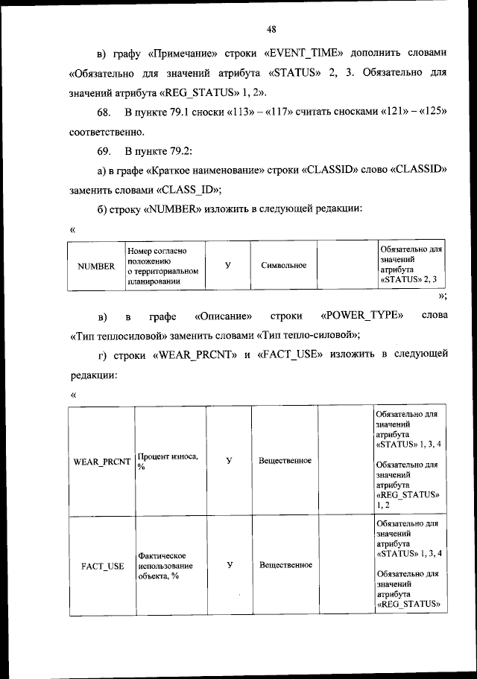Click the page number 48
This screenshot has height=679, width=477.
click(x=271, y=29)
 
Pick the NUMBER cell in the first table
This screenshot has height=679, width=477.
click(x=95, y=266)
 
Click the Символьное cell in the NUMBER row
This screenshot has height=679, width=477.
click(x=284, y=266)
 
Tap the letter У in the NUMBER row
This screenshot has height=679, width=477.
click(x=227, y=265)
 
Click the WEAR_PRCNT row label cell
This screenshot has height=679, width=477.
click(x=101, y=461)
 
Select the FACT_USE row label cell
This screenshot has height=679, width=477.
click(x=101, y=565)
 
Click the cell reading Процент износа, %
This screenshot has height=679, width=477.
click(x=168, y=461)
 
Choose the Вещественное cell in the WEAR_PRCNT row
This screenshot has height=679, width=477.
click(x=285, y=461)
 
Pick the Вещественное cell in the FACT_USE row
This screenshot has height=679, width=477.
click(x=285, y=565)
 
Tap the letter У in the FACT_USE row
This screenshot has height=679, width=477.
click(x=229, y=565)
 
